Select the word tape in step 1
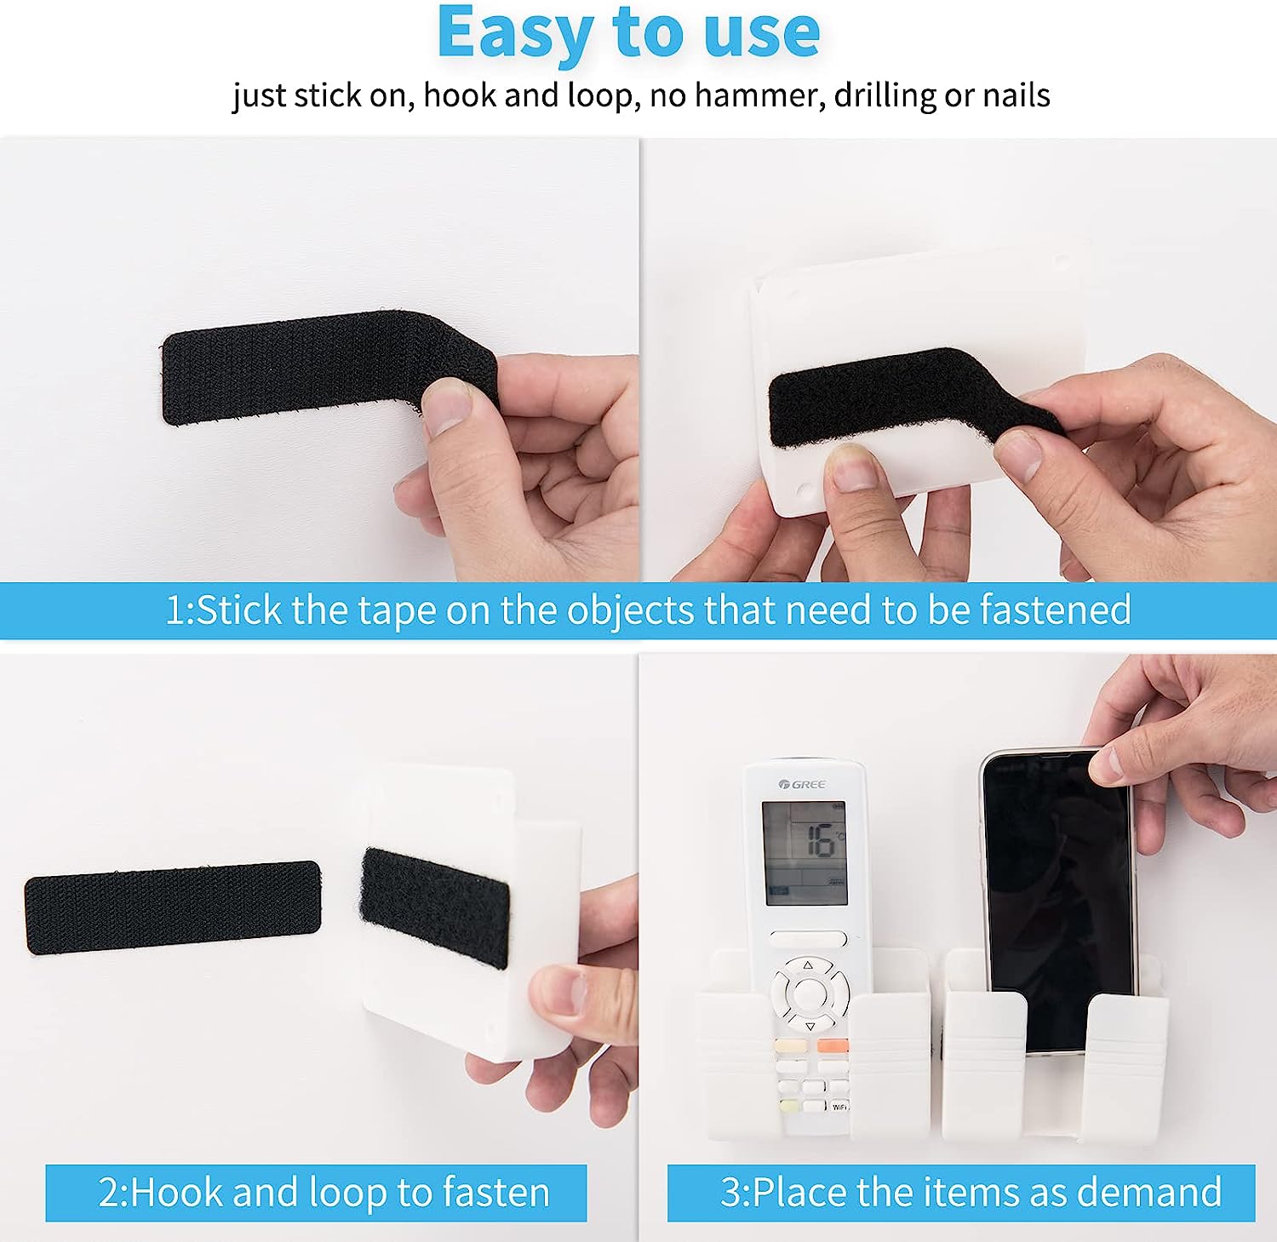pyautogui.click(x=396, y=611)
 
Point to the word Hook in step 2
pyautogui.click(x=175, y=1192)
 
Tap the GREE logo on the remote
pyautogui.click(x=802, y=784)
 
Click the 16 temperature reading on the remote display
pyautogui.click(x=821, y=841)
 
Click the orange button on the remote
pyautogui.click(x=832, y=1045)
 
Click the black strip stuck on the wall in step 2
pyautogui.click(x=173, y=907)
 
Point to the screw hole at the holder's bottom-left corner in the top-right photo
pyautogui.click(x=802, y=492)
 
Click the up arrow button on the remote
pyautogui.click(x=807, y=965)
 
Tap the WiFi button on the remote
pyautogui.click(x=839, y=1107)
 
